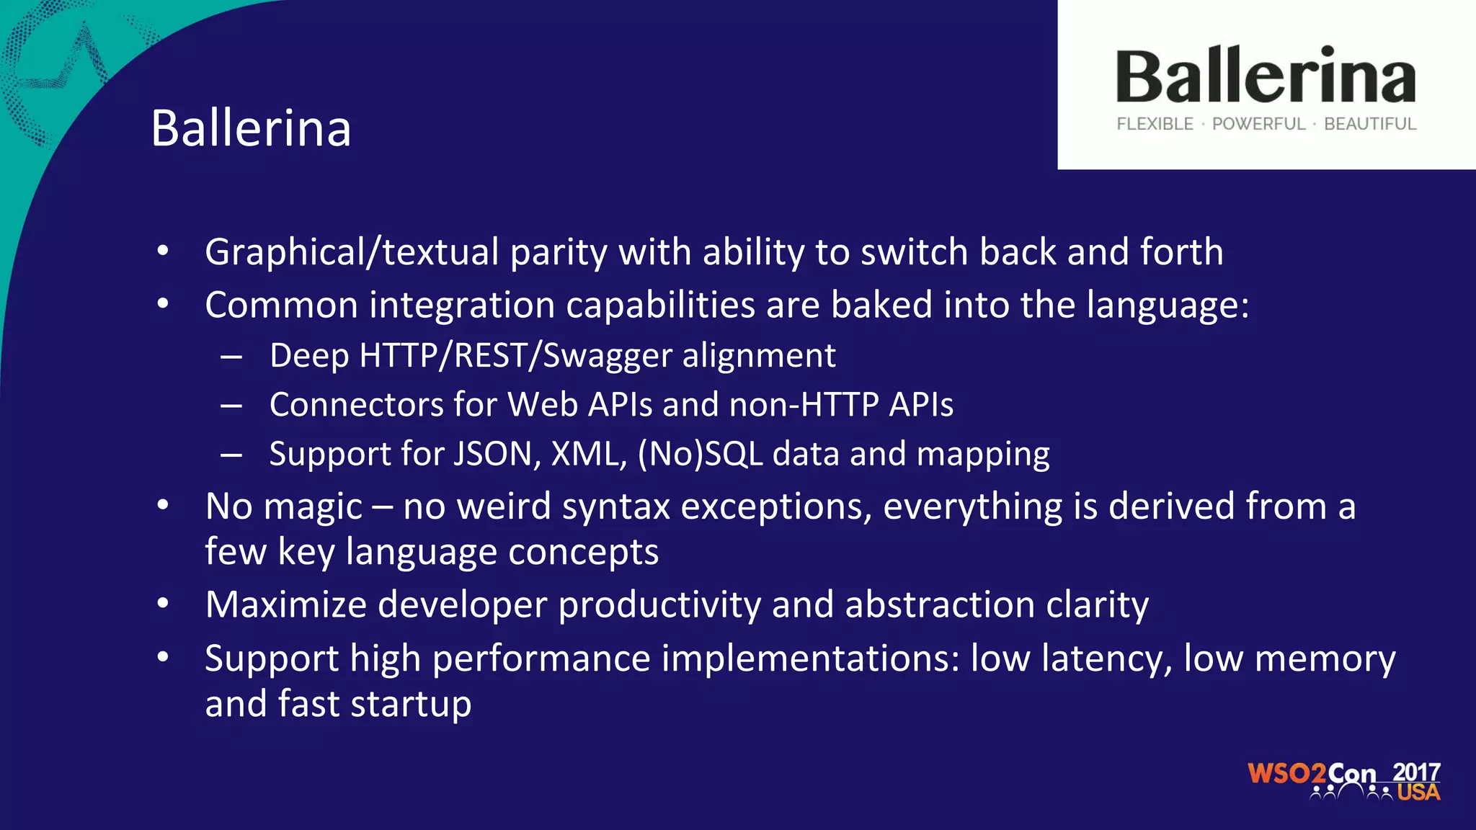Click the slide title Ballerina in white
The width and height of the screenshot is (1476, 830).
[x=251, y=129]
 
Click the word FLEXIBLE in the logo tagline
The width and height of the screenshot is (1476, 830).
[x=1155, y=124]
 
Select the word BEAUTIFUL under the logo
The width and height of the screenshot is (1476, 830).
[x=1370, y=124]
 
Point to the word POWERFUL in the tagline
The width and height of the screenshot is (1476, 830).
[x=1258, y=124]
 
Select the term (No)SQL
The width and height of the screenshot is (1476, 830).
[x=700, y=454]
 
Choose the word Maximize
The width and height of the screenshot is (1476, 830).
[x=285, y=604]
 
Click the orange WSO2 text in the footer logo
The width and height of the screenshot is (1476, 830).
[x=1286, y=774]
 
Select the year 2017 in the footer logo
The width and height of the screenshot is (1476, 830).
[x=1416, y=772]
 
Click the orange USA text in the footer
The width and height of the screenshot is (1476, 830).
[x=1418, y=793]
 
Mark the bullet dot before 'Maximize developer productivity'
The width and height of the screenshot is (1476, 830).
[x=163, y=603]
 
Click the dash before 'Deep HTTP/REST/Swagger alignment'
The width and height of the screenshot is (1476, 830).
[x=231, y=357]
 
